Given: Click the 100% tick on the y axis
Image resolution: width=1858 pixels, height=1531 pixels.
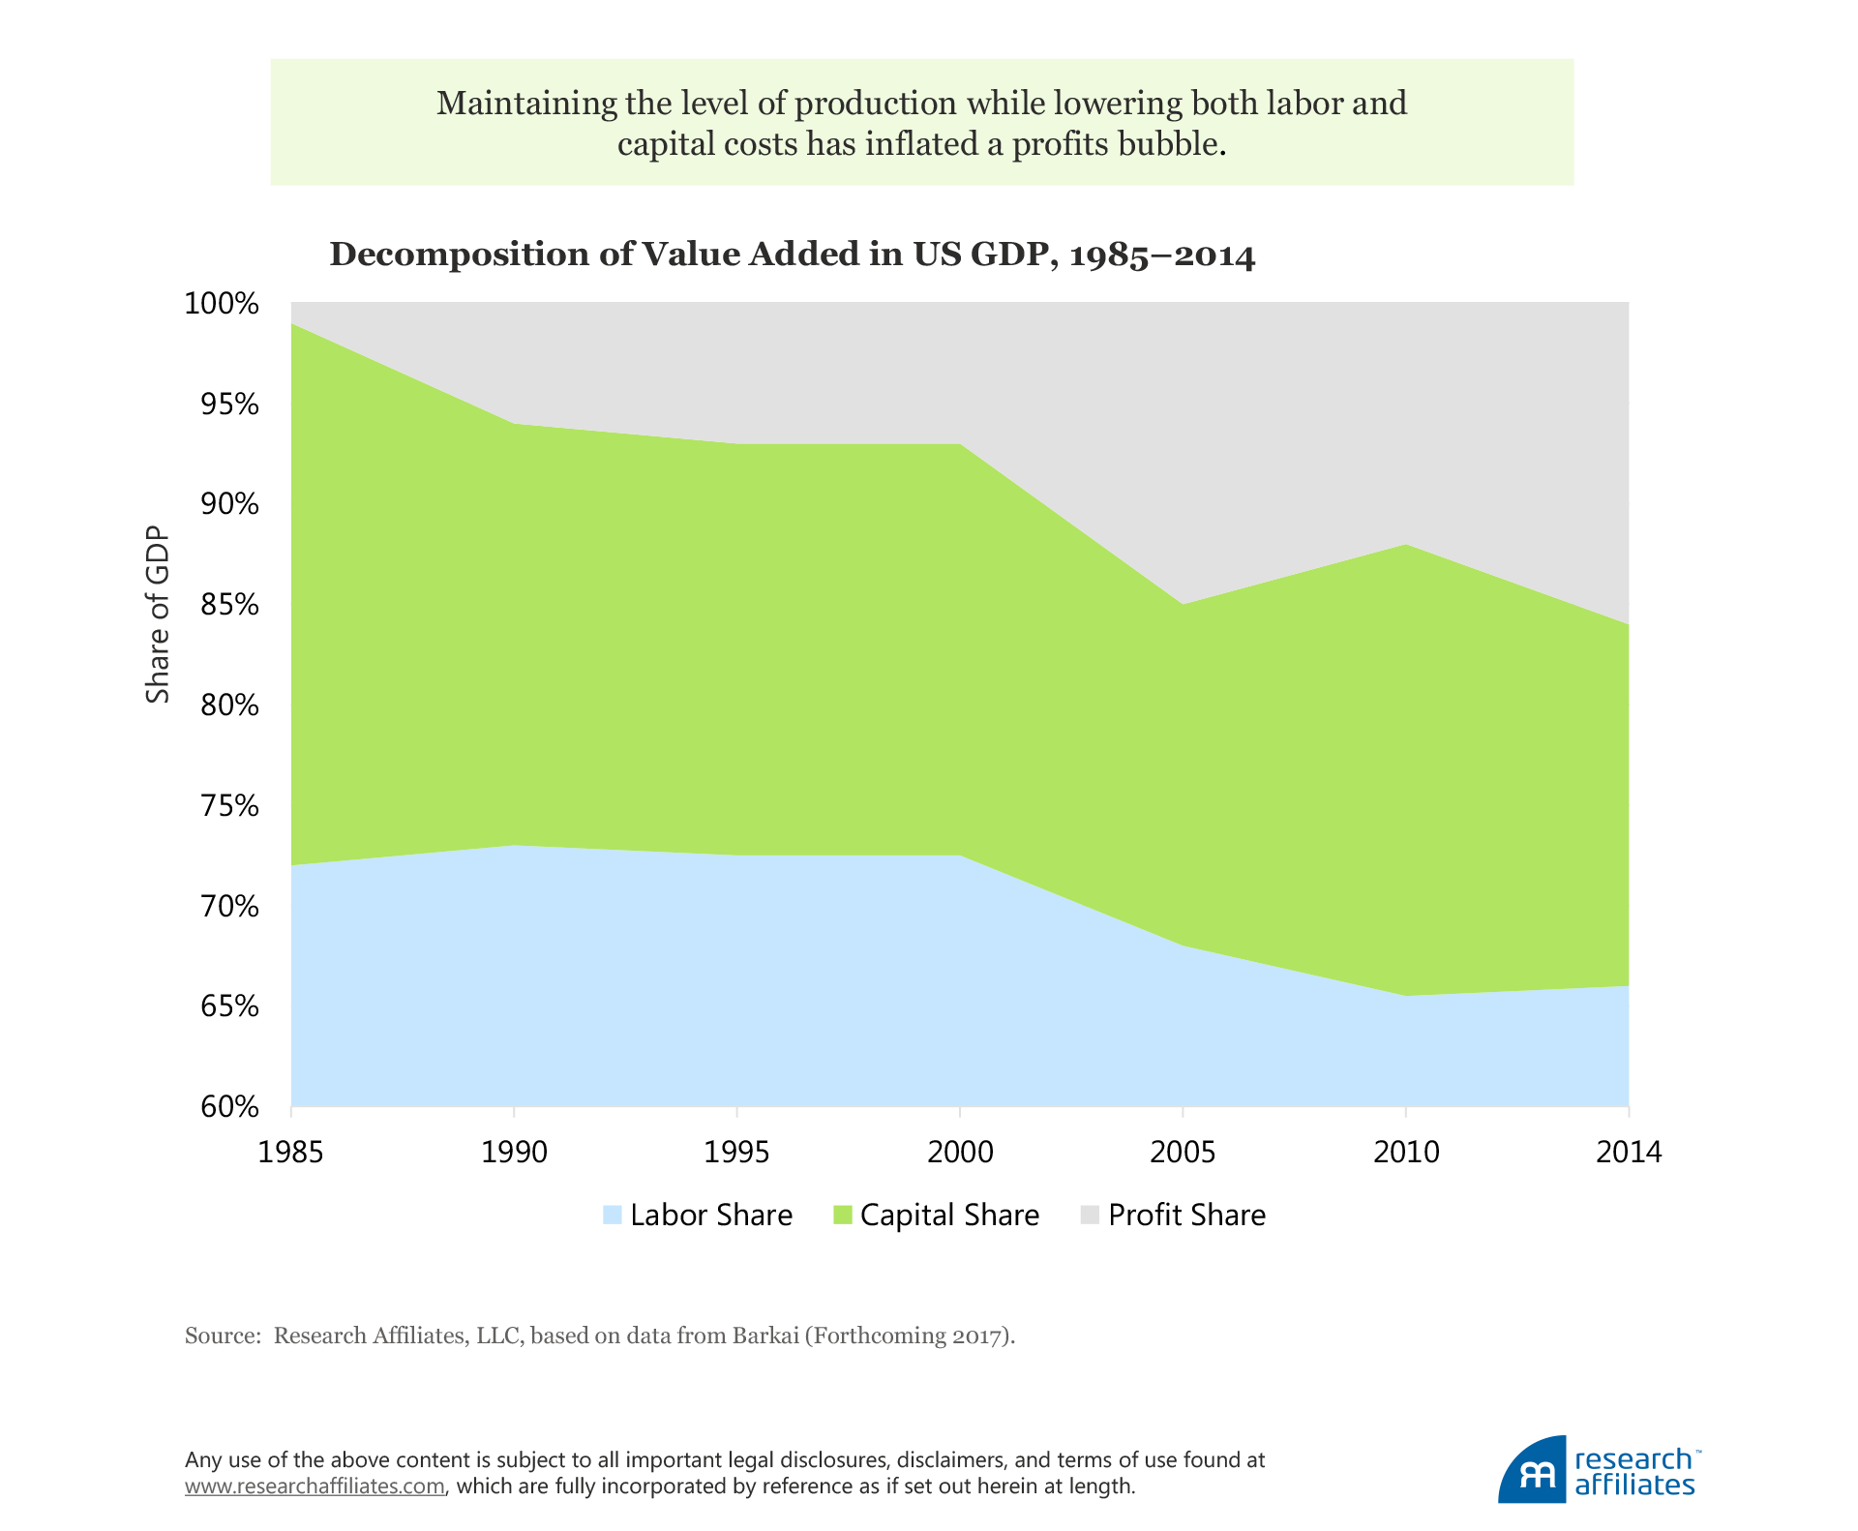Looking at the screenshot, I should (222, 304).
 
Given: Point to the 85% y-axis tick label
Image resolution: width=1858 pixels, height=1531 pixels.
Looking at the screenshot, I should (230, 606).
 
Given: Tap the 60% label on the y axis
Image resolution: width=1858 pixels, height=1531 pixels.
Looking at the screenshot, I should (230, 1107).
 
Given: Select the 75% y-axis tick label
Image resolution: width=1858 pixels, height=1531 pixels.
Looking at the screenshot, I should (230, 806).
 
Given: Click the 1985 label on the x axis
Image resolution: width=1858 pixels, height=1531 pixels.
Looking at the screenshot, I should (291, 1152).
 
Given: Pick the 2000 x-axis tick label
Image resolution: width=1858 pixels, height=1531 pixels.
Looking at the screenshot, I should (960, 1152).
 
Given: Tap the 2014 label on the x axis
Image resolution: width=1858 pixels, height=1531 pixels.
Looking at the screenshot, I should (1629, 1152).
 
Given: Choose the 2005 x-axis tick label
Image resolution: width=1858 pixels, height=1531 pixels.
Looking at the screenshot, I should (1183, 1152).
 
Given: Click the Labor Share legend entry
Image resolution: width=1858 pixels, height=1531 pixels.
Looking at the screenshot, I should (697, 1216).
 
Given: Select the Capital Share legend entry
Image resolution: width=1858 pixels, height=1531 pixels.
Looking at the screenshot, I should (936, 1216).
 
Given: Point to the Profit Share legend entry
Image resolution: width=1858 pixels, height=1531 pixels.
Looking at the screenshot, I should (1173, 1216).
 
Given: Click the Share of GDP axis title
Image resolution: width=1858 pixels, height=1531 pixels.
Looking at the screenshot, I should (158, 615).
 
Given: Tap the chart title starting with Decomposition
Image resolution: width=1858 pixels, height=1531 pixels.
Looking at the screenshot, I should (792, 255).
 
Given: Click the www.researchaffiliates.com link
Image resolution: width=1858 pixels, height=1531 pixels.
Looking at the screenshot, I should (315, 1486).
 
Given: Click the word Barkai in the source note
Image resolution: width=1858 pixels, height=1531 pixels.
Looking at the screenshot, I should (765, 1336).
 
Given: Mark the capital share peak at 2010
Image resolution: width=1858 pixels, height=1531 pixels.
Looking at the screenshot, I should (1406, 546).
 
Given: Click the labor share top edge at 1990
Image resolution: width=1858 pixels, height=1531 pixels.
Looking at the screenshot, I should (514, 846).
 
